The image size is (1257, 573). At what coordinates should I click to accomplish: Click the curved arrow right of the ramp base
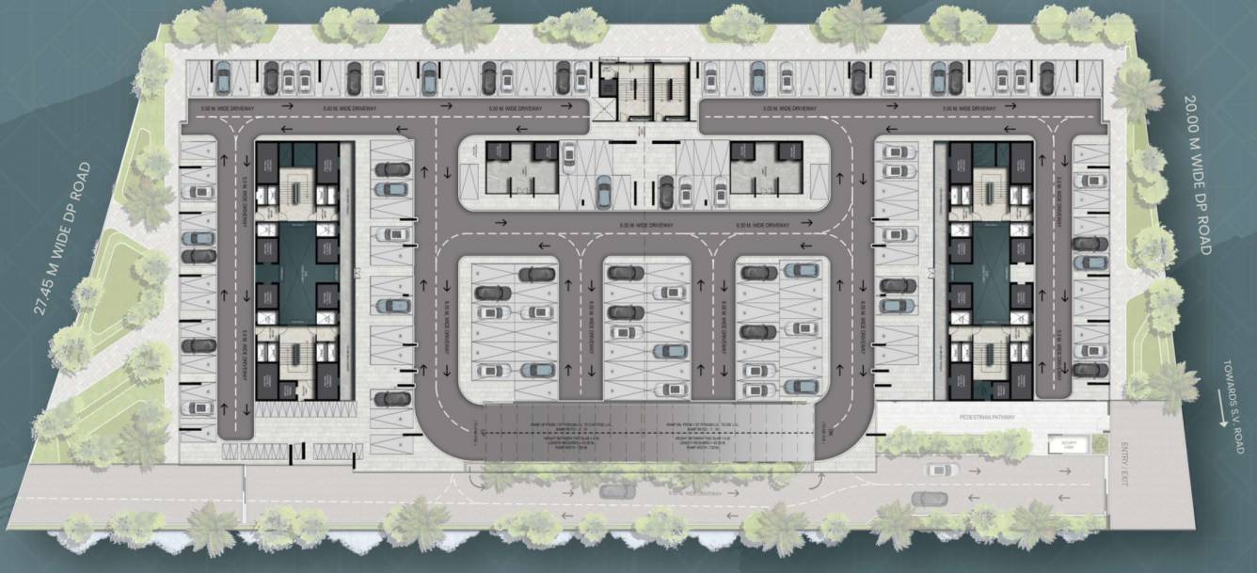(x=811, y=482)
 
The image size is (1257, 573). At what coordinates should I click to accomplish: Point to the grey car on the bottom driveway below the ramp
(x=616, y=491)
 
